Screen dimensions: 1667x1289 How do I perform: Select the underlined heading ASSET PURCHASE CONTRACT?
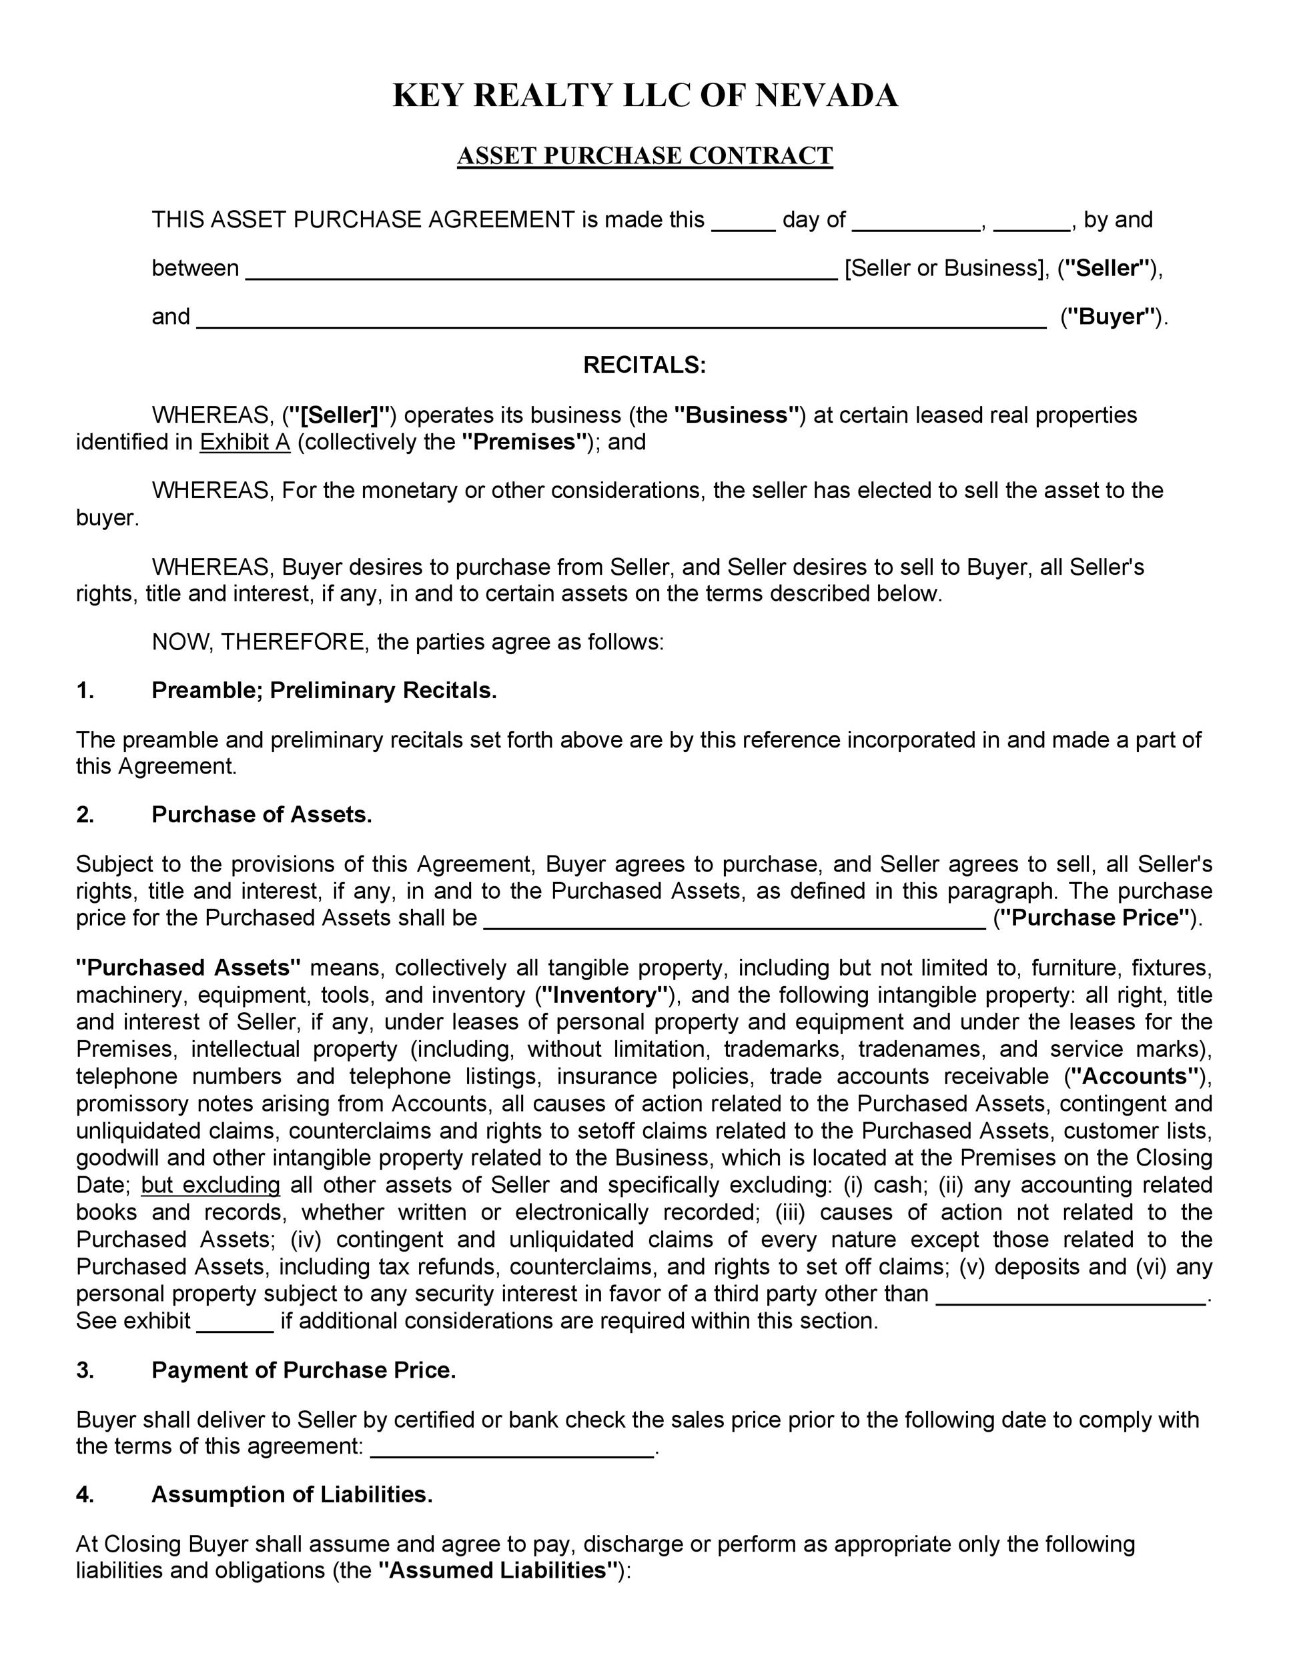pos(644,156)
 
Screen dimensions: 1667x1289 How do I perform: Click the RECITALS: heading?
pos(644,365)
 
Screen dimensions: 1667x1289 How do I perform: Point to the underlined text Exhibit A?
pos(245,442)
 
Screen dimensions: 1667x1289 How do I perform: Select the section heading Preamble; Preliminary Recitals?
pos(324,690)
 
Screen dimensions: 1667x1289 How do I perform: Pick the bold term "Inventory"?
pos(604,995)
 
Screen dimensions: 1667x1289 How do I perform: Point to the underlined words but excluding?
pos(211,1185)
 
